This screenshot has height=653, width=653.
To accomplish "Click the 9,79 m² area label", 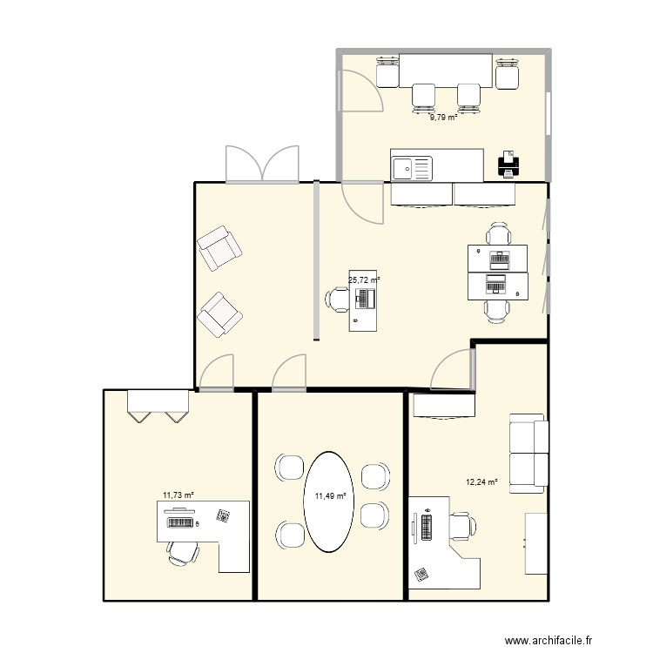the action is coord(444,118).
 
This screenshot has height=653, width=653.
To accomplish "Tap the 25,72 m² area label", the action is coord(364,280).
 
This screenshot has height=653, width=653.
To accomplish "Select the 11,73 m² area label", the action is coord(178,495).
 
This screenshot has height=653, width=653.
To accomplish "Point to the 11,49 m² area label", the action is coord(331,496).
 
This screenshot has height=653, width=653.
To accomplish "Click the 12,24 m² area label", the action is coord(481,482).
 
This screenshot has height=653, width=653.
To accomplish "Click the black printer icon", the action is coord(508,164).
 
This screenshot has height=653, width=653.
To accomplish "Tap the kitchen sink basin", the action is coord(403,169).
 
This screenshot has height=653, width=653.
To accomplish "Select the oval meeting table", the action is coord(329,502).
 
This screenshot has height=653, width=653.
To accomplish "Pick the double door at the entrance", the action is coord(262,164).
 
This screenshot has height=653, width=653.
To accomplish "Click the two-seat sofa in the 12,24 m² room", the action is coord(528,453).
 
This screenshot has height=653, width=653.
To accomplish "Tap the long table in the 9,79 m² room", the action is coord(446,70).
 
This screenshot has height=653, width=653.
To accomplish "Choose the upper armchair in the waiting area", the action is coord(219,248).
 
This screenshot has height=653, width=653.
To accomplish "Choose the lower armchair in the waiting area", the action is coord(219,314).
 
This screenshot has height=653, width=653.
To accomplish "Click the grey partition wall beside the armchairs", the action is coord(317,260).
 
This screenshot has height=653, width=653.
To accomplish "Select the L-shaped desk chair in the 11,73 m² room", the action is coord(184,553).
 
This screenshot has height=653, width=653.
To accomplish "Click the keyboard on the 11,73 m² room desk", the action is coord(180,522).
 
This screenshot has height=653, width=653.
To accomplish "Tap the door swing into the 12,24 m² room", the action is coord(453,370).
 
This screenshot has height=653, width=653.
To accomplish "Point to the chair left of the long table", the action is coord(387,72).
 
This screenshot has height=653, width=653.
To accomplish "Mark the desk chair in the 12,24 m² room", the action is coord(462,527).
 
